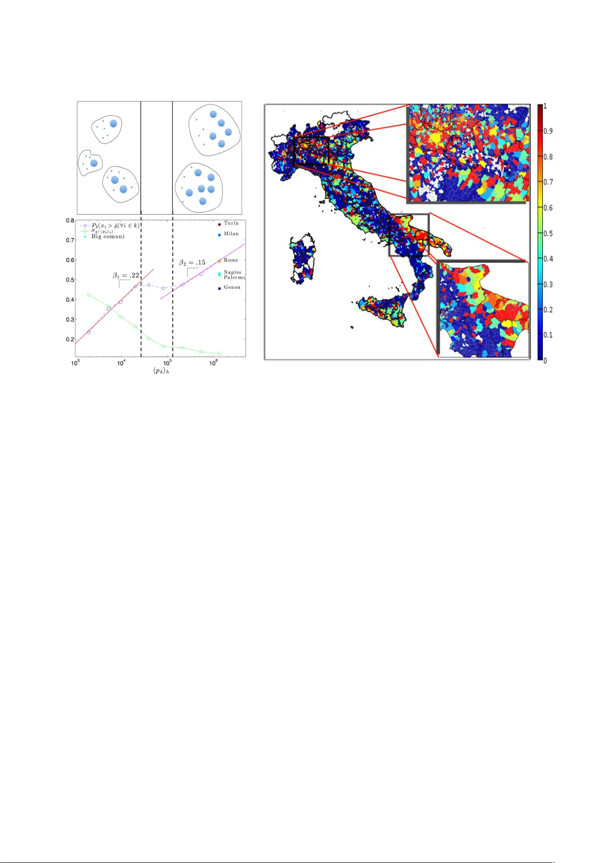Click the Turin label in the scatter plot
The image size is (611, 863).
click(x=231, y=223)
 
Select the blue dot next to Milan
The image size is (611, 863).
click(x=219, y=235)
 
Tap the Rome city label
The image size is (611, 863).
click(x=231, y=260)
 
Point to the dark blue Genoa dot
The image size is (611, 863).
click(x=219, y=288)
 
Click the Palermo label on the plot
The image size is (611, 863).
click(x=234, y=278)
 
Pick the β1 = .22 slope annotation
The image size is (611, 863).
click(x=126, y=276)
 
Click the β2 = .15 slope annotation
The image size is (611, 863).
click(x=192, y=263)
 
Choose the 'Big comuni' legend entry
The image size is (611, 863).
click(x=108, y=237)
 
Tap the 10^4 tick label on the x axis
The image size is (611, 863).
click(x=121, y=363)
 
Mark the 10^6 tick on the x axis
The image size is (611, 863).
click(x=214, y=363)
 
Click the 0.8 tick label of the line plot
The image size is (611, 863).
click(x=70, y=221)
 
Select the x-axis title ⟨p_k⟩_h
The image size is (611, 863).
click(x=161, y=371)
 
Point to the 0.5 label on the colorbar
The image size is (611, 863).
click(x=548, y=234)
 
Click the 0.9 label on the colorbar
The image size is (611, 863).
click(x=548, y=131)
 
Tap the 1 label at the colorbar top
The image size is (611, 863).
click(x=545, y=107)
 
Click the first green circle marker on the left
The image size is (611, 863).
click(x=89, y=295)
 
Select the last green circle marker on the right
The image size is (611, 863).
click(x=219, y=354)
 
